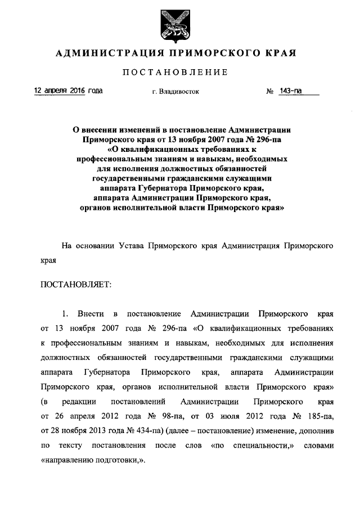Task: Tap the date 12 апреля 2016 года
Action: coord(68,90)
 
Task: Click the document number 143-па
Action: coord(290,90)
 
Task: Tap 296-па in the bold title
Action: coord(262,138)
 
